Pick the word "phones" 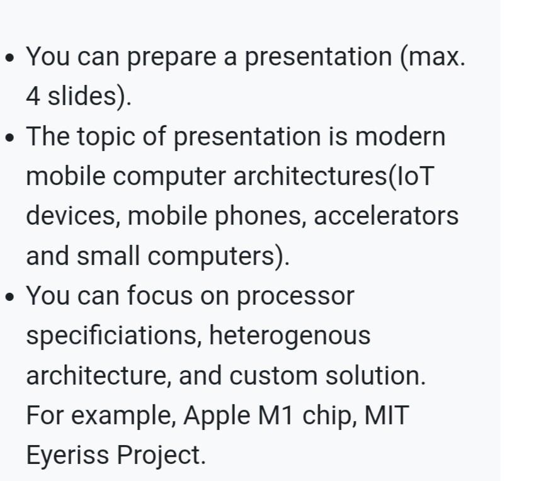[x=271, y=216]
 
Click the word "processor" [x=295, y=296]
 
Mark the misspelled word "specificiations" [x=112, y=336]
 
